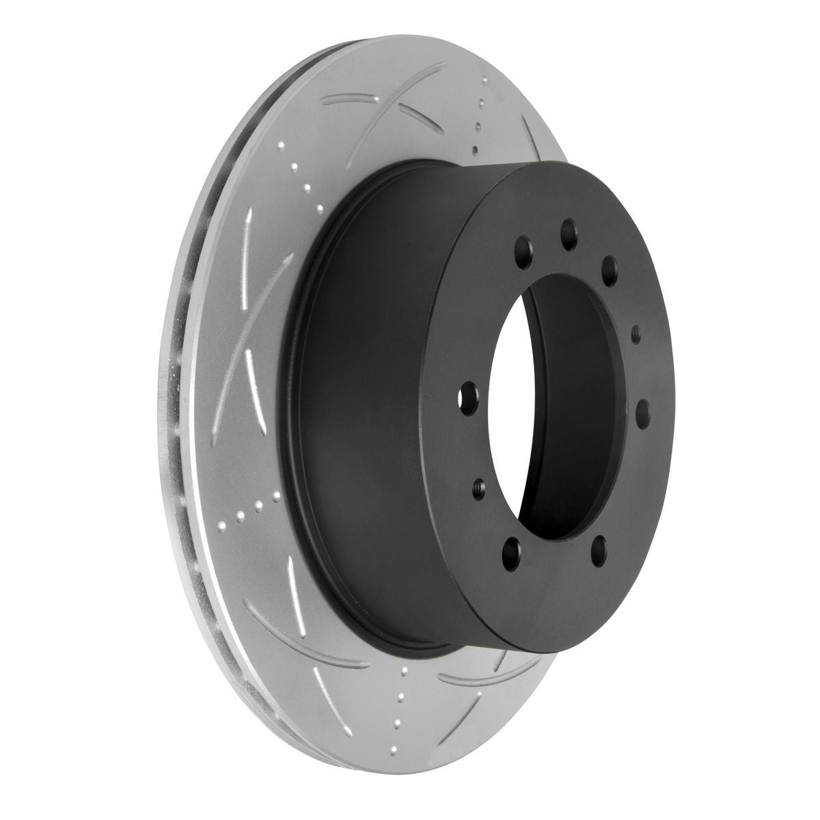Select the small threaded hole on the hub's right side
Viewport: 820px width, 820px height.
point(635,334)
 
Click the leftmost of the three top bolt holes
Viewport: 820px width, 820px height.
point(523,244)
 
